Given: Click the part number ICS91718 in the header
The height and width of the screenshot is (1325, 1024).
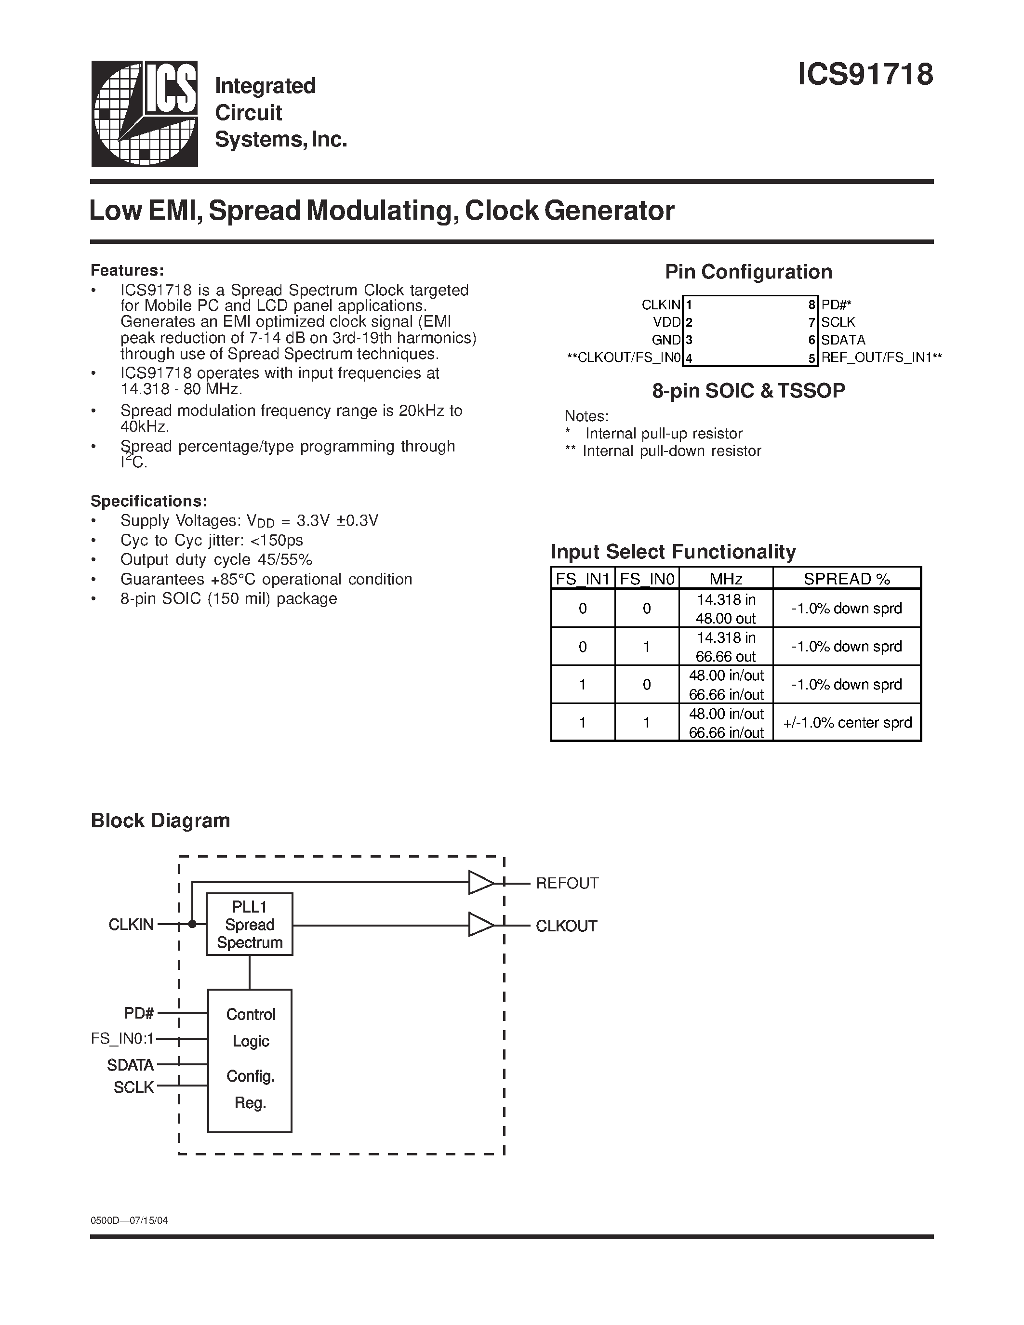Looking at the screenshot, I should tap(864, 75).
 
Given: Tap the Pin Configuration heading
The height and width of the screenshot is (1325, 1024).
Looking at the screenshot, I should tap(748, 272).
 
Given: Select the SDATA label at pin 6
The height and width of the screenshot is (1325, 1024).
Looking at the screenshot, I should tap(843, 340).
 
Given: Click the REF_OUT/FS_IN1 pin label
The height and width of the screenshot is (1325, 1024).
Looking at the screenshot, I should tap(881, 358).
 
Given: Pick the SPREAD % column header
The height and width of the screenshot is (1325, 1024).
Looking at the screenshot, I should tap(846, 579).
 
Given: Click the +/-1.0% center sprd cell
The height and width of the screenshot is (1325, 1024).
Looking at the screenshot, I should tap(847, 723).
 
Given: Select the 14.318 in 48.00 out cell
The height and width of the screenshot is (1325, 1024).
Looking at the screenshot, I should tap(726, 609).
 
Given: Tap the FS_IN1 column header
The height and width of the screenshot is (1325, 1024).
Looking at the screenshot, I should tap(583, 579).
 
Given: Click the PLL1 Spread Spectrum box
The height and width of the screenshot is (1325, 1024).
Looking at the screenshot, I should tap(249, 924).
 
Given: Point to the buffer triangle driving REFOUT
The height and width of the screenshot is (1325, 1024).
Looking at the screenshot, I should tap(480, 883).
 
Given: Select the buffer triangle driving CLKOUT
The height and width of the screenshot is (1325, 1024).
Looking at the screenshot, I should tap(480, 925).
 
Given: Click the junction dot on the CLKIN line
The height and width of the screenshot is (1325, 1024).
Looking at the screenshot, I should tap(192, 924).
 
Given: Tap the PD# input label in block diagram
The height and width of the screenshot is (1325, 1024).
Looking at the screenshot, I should tap(139, 1013).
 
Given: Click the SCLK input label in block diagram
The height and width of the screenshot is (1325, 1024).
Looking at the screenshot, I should tap(134, 1088).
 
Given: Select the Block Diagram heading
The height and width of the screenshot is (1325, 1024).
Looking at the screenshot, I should tap(160, 820).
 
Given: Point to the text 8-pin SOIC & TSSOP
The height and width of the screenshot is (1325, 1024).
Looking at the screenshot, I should tap(748, 391).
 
